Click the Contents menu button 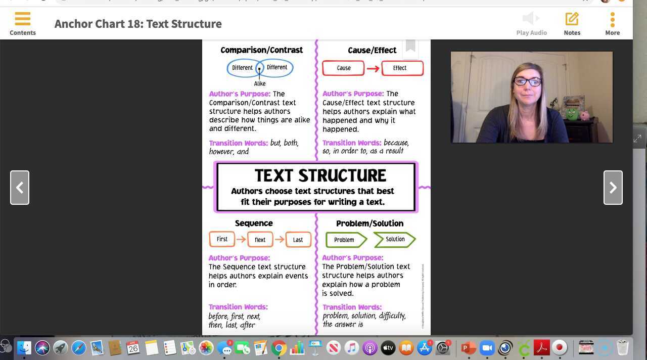coord(23,23)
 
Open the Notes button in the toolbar coord(572,23)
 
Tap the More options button coord(612,23)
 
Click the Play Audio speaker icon coord(531,19)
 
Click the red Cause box coord(343,68)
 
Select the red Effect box coord(402,68)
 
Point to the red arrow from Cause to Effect coord(373,68)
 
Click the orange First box coord(222,239)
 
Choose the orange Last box coord(298,240)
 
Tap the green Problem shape coord(345,240)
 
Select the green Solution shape coord(395,240)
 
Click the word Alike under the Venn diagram coord(260,84)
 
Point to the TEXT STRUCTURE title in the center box coord(320,175)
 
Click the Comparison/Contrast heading coord(261,50)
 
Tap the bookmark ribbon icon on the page coord(410,47)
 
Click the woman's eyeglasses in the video coord(527,81)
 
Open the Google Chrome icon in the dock coord(279,348)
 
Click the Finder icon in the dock coord(24,348)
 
